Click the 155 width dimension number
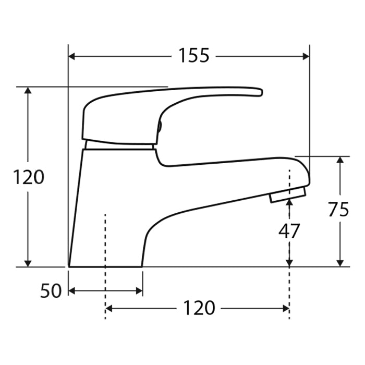coord(194,55)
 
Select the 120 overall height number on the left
coord(29,178)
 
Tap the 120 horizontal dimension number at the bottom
coord(198,308)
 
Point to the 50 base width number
coord(51,291)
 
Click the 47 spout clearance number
coord(289,230)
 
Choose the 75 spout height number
coord(338,209)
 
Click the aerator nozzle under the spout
coord(287,196)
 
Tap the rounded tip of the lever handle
coord(258,92)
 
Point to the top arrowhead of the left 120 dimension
coord(28,91)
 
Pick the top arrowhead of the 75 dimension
coord(340,161)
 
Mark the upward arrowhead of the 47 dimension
coord(289,205)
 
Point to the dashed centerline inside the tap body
coord(106,240)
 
